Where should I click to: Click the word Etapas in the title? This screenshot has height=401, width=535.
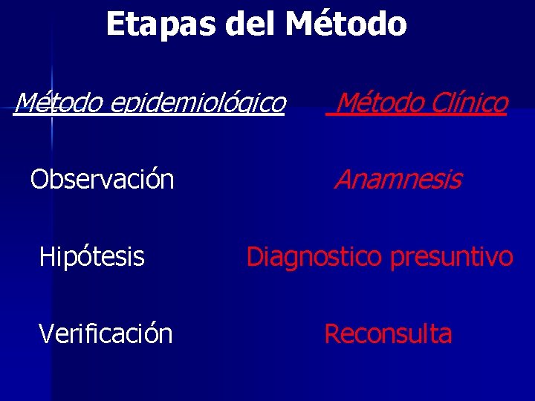(x=160, y=25)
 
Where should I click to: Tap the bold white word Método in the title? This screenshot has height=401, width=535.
(x=346, y=25)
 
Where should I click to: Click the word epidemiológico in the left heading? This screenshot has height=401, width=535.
(x=197, y=103)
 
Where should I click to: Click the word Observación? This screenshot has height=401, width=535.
(x=102, y=180)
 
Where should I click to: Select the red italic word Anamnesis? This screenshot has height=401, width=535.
(x=398, y=180)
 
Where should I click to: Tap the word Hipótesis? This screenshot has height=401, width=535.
(x=91, y=257)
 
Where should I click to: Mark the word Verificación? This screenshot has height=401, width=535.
(x=106, y=334)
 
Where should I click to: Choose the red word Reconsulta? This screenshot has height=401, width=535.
(x=388, y=334)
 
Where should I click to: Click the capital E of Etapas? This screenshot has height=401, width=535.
(x=114, y=25)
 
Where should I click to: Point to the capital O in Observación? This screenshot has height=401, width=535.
(x=40, y=180)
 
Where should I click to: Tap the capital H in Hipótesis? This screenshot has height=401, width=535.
(x=46, y=257)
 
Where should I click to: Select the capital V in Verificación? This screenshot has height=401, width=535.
(x=46, y=334)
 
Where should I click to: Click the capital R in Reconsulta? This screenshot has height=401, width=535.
(x=332, y=334)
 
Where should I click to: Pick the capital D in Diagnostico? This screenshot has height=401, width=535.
(x=256, y=257)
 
